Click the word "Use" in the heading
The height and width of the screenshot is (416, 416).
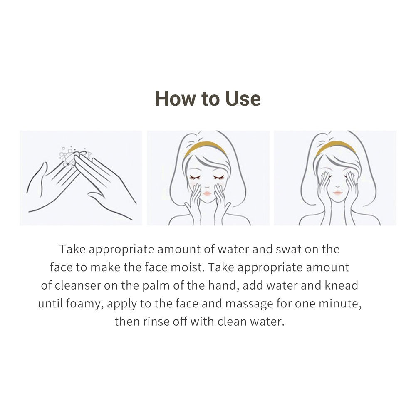[x=243, y=99]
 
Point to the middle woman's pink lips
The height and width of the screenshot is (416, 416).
[x=207, y=193]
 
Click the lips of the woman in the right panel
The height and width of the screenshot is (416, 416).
[x=337, y=192]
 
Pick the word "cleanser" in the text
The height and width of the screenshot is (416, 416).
[x=78, y=285]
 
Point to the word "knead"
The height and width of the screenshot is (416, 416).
[x=342, y=285]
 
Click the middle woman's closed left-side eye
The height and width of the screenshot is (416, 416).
[x=195, y=176]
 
